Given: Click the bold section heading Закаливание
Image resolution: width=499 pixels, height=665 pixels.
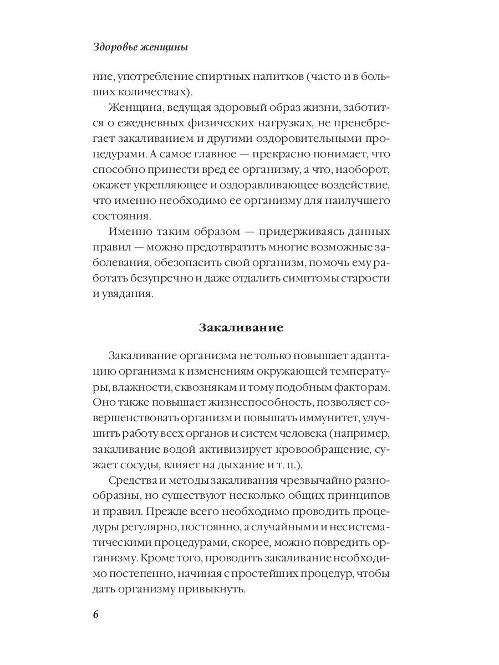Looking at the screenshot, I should click(x=241, y=328).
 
